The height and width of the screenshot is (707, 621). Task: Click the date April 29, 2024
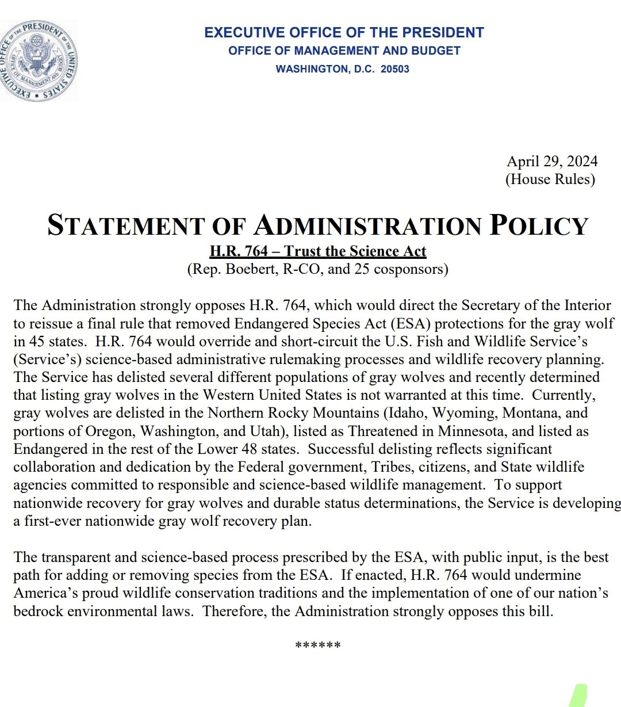pos(551,161)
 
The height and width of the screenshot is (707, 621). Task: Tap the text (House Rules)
pos(550,179)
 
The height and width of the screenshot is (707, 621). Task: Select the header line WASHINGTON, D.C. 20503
pos(342,69)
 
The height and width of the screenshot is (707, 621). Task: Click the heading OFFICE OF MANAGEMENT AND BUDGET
pos(344,51)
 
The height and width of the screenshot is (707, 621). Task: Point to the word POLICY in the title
pos(539,225)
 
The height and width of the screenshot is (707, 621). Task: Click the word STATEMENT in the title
pos(125,225)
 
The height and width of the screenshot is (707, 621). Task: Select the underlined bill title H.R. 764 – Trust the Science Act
pos(317,251)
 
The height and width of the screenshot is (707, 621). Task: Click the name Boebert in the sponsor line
pos(252,269)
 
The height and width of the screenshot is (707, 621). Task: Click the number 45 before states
pos(37,341)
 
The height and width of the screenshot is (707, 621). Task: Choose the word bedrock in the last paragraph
pos(38,611)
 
